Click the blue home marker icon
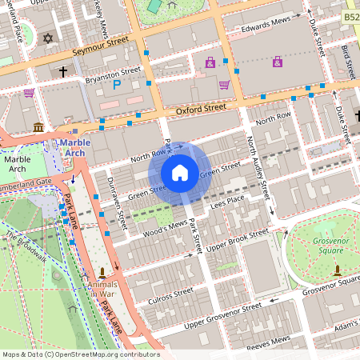pyautogui.click(x=180, y=172)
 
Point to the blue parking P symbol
pyautogui.click(x=117, y=84)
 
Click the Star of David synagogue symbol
pyautogui.click(x=47, y=38)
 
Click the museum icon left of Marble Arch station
pyautogui.click(x=38, y=127)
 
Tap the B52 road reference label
pyautogui.click(x=351, y=17)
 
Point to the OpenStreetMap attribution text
pyautogui.click(x=81, y=354)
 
